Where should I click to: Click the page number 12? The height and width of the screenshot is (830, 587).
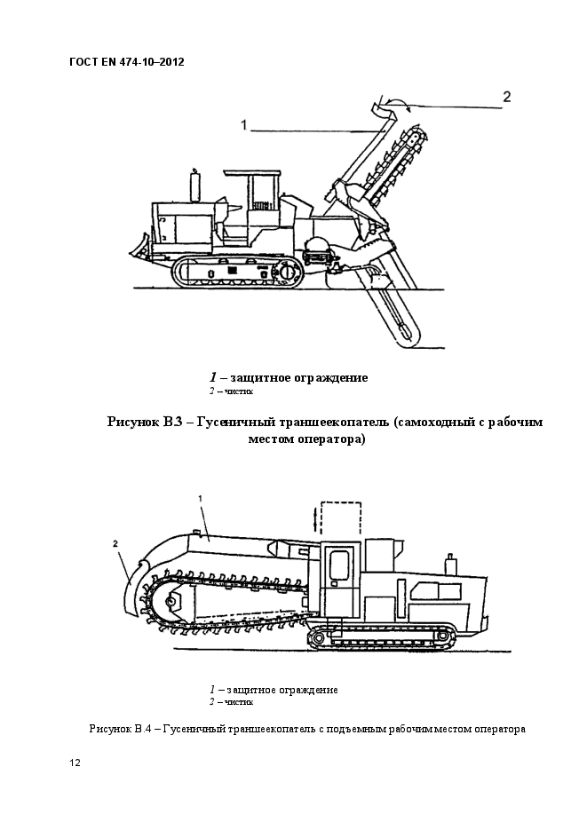point(75,763)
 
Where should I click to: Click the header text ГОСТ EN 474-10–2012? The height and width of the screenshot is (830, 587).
point(126,62)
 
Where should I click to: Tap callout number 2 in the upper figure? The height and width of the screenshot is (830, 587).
point(507,97)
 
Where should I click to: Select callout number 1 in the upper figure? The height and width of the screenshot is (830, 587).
point(243,126)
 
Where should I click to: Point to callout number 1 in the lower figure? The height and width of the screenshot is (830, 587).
point(202,499)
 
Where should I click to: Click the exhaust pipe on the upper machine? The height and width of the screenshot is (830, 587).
point(194,186)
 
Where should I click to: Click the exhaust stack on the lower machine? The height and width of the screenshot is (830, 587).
point(449,564)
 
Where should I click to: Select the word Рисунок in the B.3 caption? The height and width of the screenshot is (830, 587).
point(133,423)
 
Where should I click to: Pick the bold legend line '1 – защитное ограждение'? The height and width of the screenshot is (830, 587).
point(289,377)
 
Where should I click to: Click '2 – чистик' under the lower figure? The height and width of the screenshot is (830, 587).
point(232,701)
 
